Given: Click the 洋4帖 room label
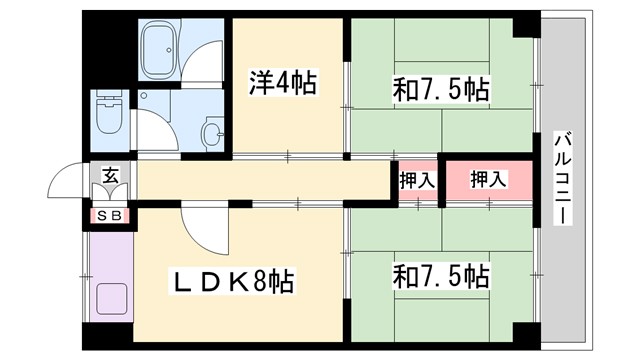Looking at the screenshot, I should point(282,83).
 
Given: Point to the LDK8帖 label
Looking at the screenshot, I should point(235,282).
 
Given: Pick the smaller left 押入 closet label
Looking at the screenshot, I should point(416,181).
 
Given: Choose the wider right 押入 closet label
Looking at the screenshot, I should point(488,180).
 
